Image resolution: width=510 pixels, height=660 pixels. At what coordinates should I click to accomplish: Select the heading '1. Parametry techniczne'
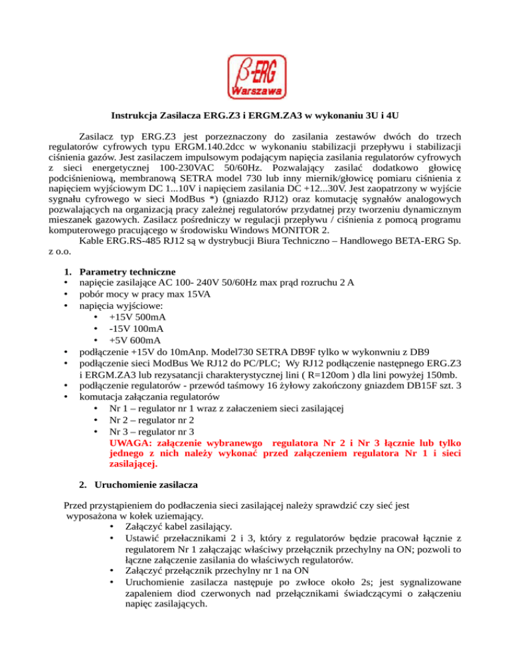(126, 272)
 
